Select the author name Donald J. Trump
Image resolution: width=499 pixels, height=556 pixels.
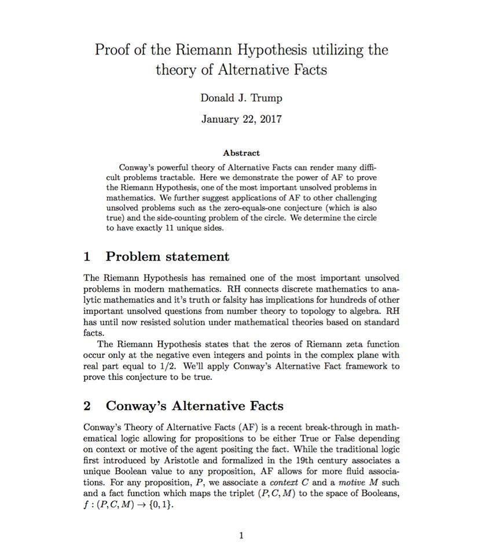pyautogui.click(x=241, y=98)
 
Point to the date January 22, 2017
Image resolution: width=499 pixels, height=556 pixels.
pyautogui.click(x=241, y=119)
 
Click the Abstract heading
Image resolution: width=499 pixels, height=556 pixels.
pyautogui.click(x=241, y=153)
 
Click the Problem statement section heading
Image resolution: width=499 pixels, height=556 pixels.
pyautogui.click(x=167, y=257)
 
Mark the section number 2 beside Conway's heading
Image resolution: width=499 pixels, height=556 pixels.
pyautogui.click(x=87, y=405)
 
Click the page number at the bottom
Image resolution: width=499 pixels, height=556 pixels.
pyautogui.click(x=241, y=536)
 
